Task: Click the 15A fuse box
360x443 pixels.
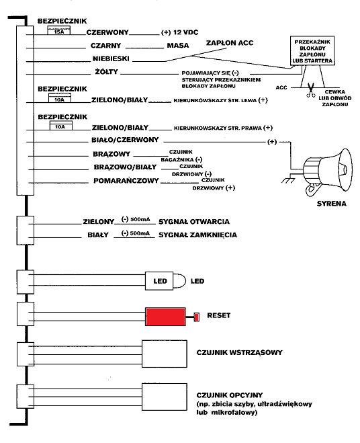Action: [58, 30]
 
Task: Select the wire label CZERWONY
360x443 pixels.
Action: [107, 32]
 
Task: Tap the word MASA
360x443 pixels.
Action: [178, 45]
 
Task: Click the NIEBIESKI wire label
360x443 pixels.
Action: [111, 58]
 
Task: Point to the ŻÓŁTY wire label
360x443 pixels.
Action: [106, 71]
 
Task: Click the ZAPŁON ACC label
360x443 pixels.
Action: [230, 42]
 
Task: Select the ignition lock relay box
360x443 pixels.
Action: [312, 51]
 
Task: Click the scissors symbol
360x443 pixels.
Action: [311, 90]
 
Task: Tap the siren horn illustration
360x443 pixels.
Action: [328, 173]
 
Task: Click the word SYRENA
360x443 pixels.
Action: [332, 204]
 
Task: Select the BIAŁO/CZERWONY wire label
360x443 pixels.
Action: [125, 140]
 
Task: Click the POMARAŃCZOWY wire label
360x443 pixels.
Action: [126, 181]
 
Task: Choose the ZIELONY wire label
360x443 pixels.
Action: [99, 222]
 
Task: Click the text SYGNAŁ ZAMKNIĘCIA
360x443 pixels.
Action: [197, 235]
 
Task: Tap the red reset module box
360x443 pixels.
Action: [165, 317]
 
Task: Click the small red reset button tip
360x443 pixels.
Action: [197, 317]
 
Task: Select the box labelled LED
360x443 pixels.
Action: [159, 281]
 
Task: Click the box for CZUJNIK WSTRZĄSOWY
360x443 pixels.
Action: [165, 354]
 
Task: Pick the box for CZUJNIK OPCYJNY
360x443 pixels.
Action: [165, 397]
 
